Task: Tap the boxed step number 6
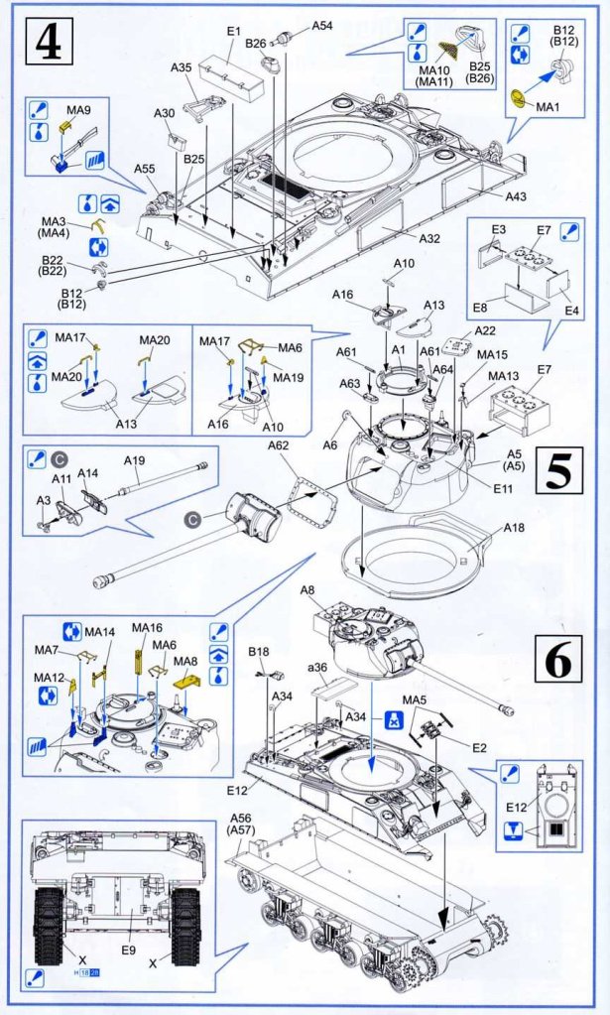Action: tap(557, 659)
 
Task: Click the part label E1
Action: tap(234, 32)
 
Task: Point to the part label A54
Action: tap(322, 25)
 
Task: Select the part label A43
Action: tap(516, 196)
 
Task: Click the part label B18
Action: tap(259, 652)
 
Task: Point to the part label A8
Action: tap(308, 590)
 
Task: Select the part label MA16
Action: tap(147, 628)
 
